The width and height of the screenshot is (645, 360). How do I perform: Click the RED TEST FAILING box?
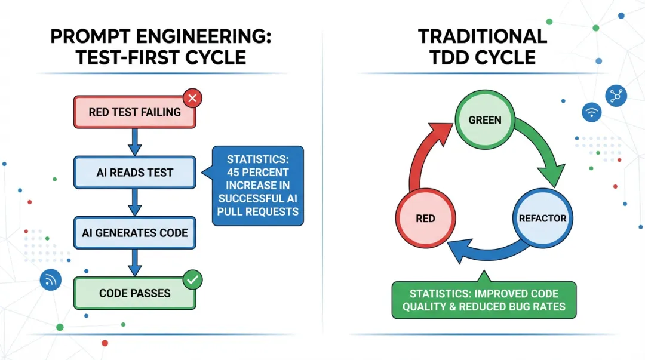coord(134,112)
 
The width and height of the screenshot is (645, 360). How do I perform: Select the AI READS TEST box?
coord(134,173)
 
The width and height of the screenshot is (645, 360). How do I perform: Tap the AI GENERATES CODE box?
coord(134,233)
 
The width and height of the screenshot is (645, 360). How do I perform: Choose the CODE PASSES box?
coord(134,293)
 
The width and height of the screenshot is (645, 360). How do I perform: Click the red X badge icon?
coord(192,97)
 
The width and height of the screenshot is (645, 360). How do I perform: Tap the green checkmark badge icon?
coord(192,278)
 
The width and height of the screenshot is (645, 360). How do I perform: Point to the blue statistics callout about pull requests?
coord(258,185)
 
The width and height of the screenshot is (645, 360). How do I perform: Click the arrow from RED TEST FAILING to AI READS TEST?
coord(135,142)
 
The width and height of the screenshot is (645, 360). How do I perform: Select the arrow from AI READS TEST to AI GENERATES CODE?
coord(135,202)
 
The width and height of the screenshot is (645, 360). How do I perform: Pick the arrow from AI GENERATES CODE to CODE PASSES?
coord(135,263)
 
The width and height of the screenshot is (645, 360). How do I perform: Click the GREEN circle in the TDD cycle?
coord(485,120)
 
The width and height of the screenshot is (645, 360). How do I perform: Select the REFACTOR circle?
coord(542,218)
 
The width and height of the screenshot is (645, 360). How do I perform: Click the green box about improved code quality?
coord(484,300)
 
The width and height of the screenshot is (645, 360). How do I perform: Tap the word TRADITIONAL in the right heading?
coord(483,36)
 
